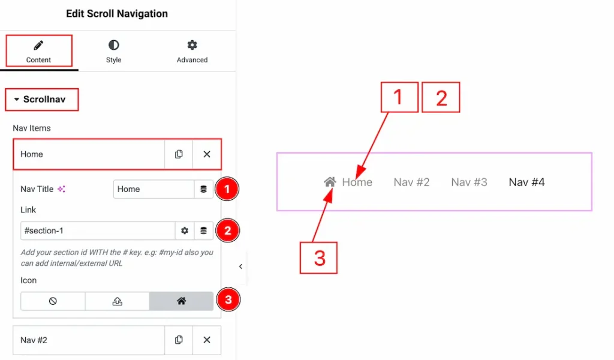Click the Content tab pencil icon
tap(38, 46)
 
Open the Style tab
tap(113, 52)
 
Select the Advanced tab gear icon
tap(192, 45)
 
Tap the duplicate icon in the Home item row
tap(179, 154)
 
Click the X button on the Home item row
tap(207, 154)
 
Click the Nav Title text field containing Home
tap(153, 189)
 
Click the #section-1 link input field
tap(98, 231)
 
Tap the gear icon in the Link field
tap(185, 231)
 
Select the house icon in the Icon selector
tap(181, 301)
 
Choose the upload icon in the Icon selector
tap(117, 301)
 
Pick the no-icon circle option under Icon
tap(53, 301)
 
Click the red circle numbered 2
tap(227, 230)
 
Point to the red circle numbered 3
tap(228, 299)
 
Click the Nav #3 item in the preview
tap(469, 182)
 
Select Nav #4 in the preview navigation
tap(526, 182)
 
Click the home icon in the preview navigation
tap(330, 182)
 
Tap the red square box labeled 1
tap(399, 97)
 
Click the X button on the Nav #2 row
tap(207, 340)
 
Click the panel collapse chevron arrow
tap(240, 266)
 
